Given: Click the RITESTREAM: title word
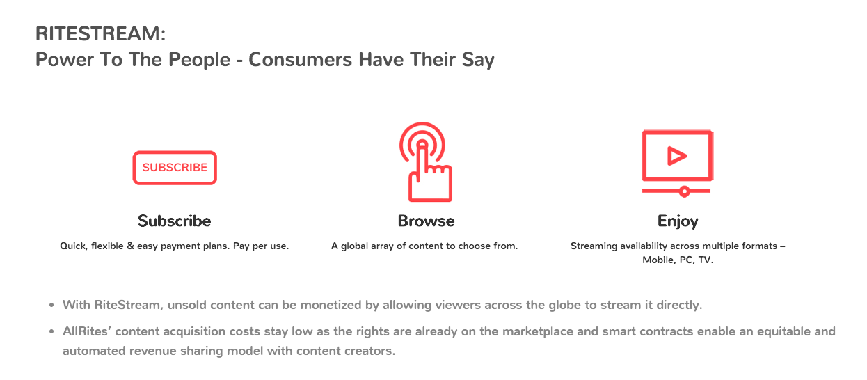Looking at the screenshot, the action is click(x=101, y=33).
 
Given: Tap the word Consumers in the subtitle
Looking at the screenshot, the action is click(x=301, y=60).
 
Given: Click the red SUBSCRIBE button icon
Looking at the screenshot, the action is click(x=175, y=168).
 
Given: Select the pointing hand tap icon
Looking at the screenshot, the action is click(x=426, y=161).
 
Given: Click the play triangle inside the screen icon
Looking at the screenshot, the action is click(x=676, y=156).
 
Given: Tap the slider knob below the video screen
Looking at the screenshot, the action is click(x=684, y=191).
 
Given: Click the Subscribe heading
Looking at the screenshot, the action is click(x=175, y=221).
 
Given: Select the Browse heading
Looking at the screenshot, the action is click(x=426, y=221).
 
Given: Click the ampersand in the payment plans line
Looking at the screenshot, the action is click(x=130, y=246).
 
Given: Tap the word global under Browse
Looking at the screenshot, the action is click(x=355, y=246).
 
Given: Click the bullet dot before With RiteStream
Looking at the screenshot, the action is click(x=51, y=306).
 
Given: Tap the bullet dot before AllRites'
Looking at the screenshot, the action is click(x=51, y=331).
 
